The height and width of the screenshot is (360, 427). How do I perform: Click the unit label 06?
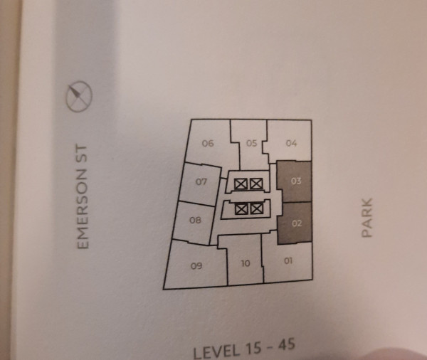click(x=208, y=143)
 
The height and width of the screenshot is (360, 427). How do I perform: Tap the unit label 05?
click(x=252, y=143)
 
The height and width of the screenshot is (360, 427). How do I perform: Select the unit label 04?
click(x=291, y=143)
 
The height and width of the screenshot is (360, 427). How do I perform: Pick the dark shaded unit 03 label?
click(x=296, y=181)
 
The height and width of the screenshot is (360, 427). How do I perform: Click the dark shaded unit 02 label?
click(x=297, y=223)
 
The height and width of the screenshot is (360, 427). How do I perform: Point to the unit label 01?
click(x=288, y=261)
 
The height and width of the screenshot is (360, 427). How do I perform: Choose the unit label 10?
click(x=246, y=263)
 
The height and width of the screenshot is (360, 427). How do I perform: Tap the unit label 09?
click(x=196, y=265)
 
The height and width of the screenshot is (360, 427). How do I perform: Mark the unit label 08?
click(x=195, y=220)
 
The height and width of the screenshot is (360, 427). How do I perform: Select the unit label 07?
click(x=201, y=181)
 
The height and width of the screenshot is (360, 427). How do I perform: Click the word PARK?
click(x=367, y=218)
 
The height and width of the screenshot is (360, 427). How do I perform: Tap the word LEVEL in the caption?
click(x=217, y=351)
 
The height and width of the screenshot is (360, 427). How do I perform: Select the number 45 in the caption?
click(x=287, y=345)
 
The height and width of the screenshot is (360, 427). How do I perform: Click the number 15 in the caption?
click(x=253, y=348)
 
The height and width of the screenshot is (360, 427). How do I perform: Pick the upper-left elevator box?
click(x=241, y=184)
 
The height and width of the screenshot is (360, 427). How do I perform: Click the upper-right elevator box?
click(x=256, y=184)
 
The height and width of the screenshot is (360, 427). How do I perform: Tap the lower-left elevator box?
click(x=241, y=209)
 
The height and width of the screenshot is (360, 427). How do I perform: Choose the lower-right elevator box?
click(x=257, y=209)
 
